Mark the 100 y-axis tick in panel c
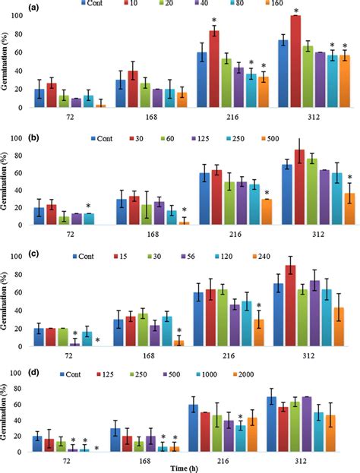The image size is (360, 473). coord(21,256)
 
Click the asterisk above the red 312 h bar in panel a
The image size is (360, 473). coord(295,10)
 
